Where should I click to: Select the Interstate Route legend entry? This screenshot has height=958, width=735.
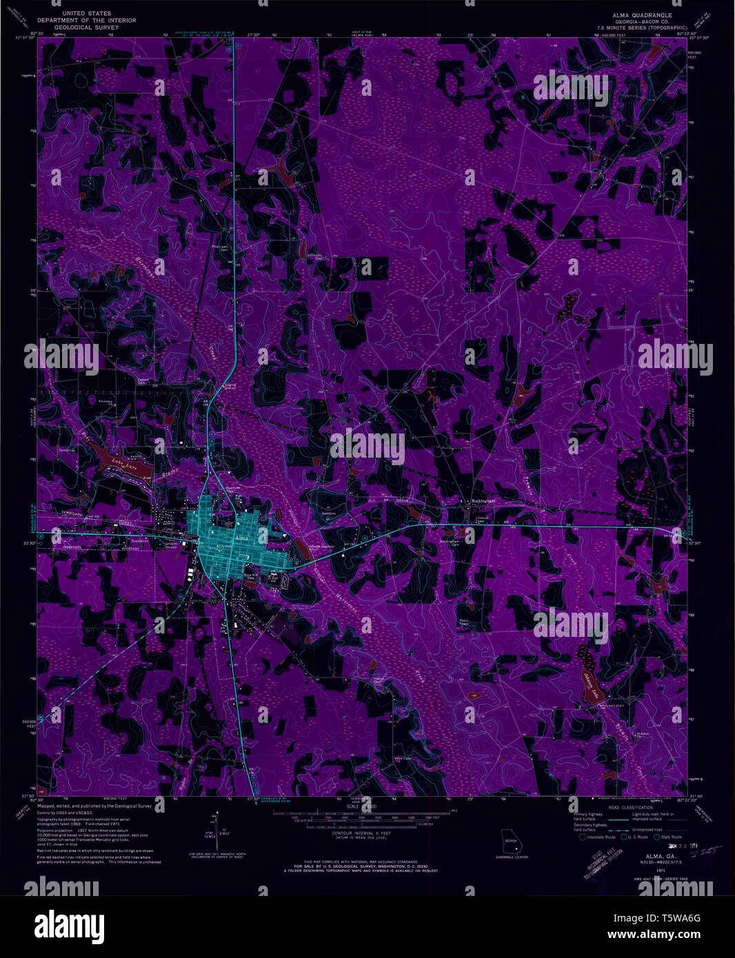coord(597,837)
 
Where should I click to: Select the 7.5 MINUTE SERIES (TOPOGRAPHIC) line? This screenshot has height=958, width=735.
coord(644,27)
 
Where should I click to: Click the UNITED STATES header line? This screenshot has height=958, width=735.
coord(86,14)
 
